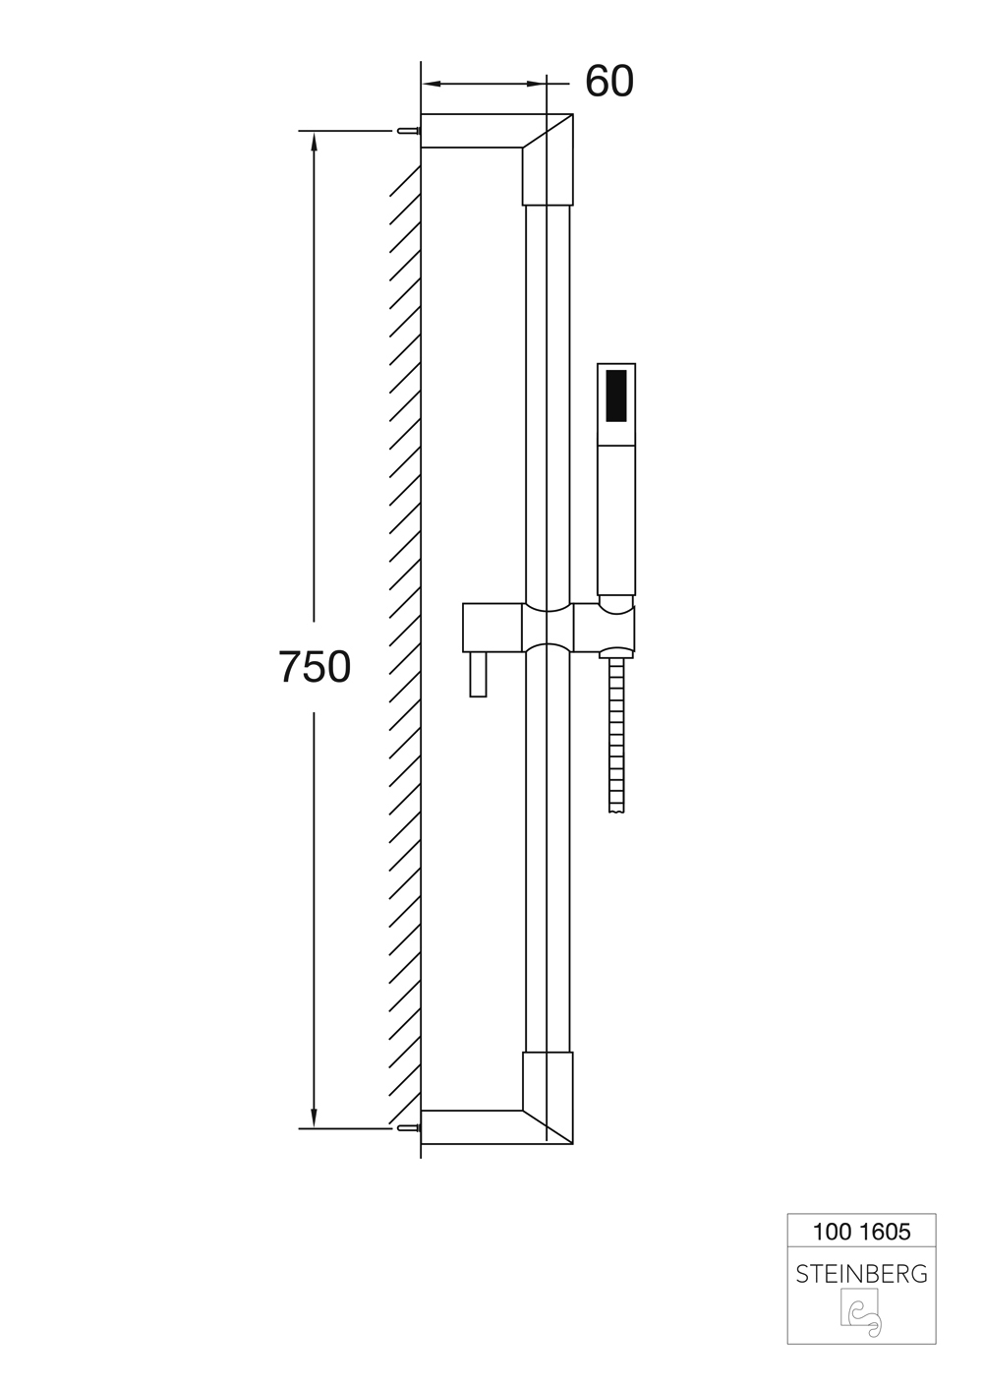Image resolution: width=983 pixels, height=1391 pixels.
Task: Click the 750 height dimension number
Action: [x=314, y=668]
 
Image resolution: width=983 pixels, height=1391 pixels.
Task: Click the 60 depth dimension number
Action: [x=609, y=82]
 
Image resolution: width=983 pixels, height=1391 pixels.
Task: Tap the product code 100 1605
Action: [x=861, y=1232]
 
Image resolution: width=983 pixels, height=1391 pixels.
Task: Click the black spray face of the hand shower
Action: [x=615, y=396]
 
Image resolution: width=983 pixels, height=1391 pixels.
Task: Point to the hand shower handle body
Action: [x=615, y=520]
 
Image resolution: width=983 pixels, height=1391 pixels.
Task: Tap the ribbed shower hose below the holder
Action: [x=616, y=735]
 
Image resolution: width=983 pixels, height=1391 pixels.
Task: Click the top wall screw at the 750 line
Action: [x=407, y=131]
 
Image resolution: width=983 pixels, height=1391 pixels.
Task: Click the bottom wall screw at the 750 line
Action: [x=407, y=1128]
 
